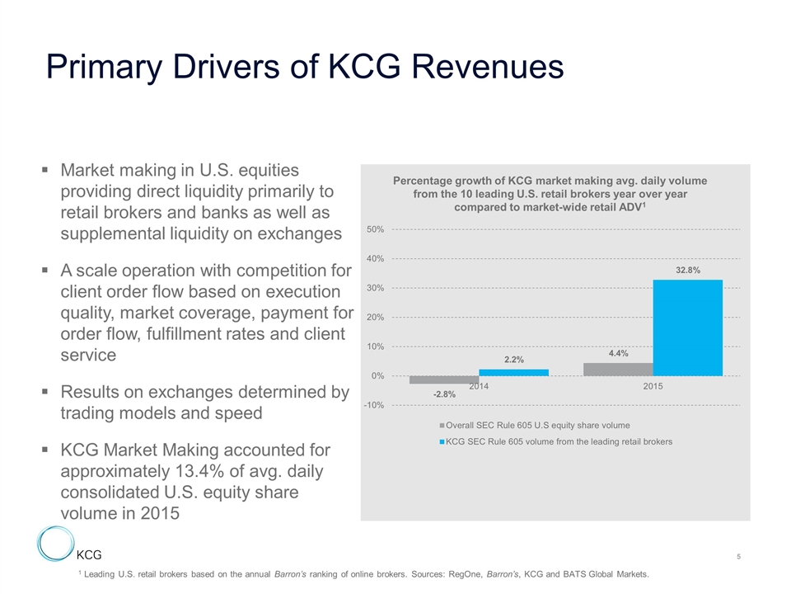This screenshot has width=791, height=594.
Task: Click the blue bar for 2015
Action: coord(687,328)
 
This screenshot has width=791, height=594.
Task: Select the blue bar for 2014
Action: coord(513,372)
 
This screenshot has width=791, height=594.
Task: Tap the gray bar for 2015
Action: coord(617,370)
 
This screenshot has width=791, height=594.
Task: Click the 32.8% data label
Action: coord(688,269)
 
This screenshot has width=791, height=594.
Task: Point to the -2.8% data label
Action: coord(444,395)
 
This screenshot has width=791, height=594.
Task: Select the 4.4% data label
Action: coord(618,353)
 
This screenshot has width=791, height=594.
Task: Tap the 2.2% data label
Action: coord(514,359)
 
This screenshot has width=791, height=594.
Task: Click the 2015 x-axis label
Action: coord(653,386)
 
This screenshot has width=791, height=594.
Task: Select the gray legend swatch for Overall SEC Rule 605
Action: coord(442,426)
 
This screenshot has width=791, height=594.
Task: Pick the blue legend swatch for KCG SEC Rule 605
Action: coord(442,442)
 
